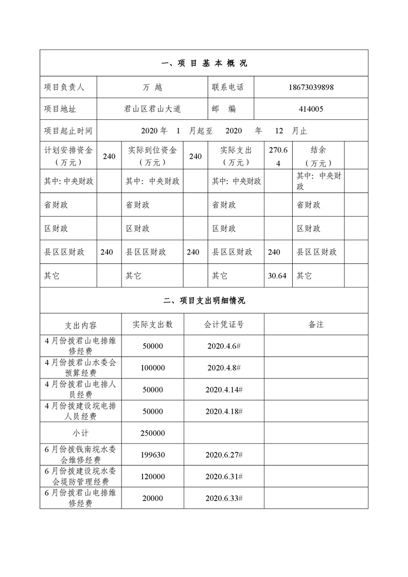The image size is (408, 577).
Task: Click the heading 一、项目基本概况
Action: [x=204, y=63]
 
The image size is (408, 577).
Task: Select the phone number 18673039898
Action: [x=311, y=87]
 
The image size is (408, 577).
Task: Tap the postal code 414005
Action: [x=311, y=109]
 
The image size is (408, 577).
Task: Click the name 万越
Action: [x=152, y=87]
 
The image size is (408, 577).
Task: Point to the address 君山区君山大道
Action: [x=152, y=109]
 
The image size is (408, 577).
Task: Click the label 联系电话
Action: [x=227, y=87]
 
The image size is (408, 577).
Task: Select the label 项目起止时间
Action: [x=68, y=131]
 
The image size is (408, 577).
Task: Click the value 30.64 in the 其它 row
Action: [x=277, y=276]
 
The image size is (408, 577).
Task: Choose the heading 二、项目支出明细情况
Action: [x=204, y=300]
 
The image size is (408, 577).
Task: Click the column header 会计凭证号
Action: [x=224, y=324]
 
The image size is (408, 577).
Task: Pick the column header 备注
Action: [x=316, y=324]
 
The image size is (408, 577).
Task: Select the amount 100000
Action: [x=153, y=368]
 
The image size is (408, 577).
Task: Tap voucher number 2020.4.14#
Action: [x=224, y=390]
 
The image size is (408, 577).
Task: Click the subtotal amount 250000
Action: [x=153, y=433]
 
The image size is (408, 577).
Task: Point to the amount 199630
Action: [x=153, y=455]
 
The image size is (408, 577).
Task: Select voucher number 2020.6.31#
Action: [x=224, y=477]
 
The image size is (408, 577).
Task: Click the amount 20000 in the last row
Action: [x=153, y=498]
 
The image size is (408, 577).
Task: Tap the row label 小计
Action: [x=81, y=433]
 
